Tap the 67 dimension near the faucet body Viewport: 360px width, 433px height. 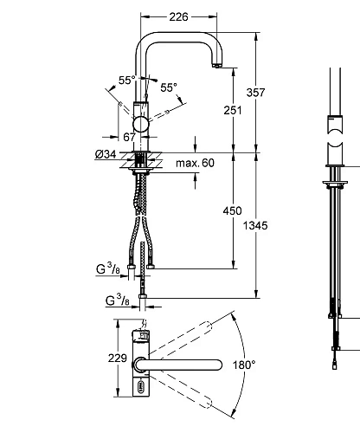pyautogui.click(x=129, y=137)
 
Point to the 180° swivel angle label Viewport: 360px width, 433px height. pyautogui.click(x=244, y=365)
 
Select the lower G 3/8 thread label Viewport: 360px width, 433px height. pyautogui.click(x=117, y=301)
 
